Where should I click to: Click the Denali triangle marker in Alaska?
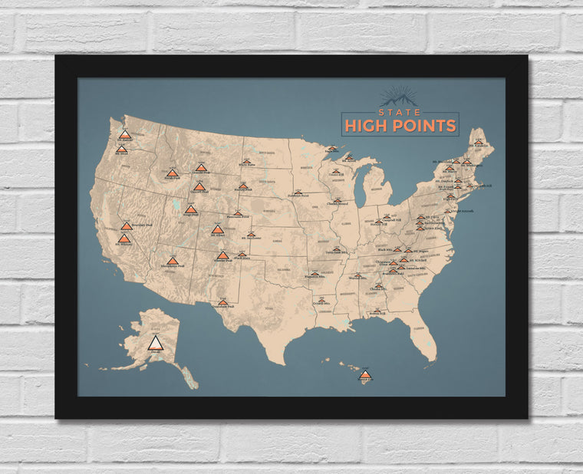(x=155, y=343)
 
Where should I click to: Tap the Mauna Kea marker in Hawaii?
(x=365, y=375)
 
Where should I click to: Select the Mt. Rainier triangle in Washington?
(x=125, y=134)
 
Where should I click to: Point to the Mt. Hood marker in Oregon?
(x=121, y=149)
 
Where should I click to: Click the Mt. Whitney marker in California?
(x=124, y=239)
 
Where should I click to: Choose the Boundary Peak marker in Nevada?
(x=127, y=226)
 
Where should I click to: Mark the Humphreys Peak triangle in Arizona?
(x=173, y=261)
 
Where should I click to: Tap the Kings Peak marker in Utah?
(x=190, y=209)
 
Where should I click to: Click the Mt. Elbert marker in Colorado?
(x=218, y=229)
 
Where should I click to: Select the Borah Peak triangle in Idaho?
(x=171, y=173)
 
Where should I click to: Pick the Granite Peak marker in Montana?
(x=201, y=167)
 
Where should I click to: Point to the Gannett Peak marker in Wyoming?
(x=199, y=186)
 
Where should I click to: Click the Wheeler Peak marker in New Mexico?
(x=222, y=255)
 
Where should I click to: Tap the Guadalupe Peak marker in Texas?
(x=222, y=302)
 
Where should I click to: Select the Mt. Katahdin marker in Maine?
(x=479, y=142)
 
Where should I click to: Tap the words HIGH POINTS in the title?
(x=400, y=126)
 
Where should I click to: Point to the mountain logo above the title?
(x=399, y=96)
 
